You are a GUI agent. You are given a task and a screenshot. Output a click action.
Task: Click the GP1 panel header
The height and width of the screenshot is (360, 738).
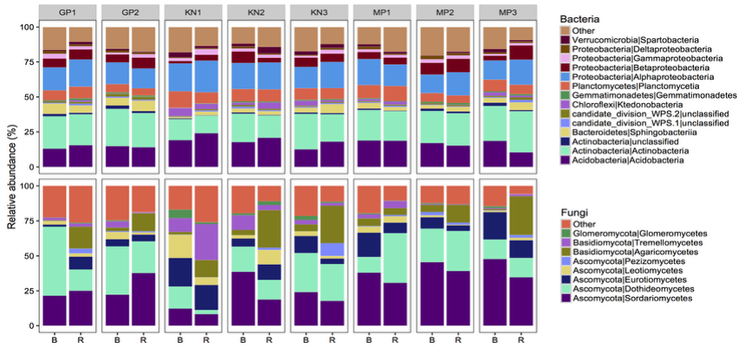(x=67, y=12)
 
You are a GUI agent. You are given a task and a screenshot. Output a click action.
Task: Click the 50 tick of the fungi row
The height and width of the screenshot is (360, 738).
(x=29, y=255)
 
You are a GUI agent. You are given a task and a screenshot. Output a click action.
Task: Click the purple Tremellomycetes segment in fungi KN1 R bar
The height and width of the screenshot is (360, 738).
(x=207, y=251)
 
